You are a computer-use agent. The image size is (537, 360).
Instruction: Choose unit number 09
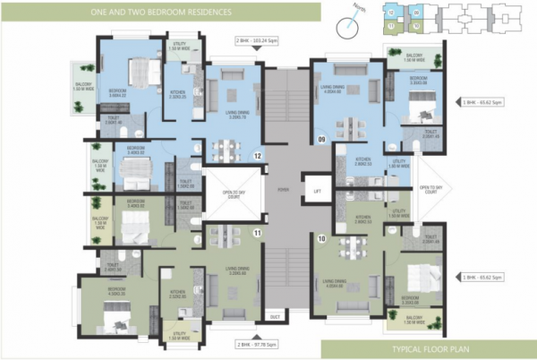point(321,139)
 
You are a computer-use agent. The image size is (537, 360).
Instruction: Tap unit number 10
point(321,238)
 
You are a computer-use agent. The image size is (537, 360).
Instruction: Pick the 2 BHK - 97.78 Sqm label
point(259,343)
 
